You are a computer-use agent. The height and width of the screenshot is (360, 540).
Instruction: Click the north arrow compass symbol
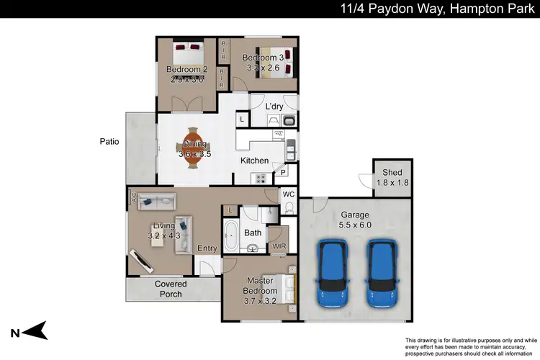32,330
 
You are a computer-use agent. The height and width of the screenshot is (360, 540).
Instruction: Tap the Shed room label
392,172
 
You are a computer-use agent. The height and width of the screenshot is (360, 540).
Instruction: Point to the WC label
289,194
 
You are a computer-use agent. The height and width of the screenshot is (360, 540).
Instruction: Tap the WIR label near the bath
279,247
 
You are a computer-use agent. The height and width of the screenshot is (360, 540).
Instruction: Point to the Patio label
109,142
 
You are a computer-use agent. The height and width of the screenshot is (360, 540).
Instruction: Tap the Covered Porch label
171,289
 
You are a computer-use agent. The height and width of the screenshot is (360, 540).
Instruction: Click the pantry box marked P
284,172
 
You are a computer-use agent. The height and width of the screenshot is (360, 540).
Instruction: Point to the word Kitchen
254,161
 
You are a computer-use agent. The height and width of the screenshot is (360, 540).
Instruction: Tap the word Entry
207,248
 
